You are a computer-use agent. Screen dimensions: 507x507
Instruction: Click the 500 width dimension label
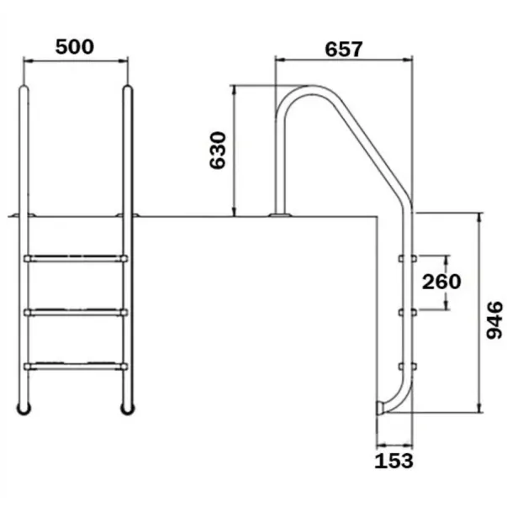(75, 46)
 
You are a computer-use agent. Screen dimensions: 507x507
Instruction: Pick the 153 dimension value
(393, 461)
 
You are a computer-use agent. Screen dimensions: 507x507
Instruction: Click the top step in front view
(76, 258)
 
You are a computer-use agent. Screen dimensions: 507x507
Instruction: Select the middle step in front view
(76, 312)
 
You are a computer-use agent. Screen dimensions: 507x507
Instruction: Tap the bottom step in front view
(76, 366)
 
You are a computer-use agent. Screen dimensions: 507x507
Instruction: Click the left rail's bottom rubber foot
(24, 409)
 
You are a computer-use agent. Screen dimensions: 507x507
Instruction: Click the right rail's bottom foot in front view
(128, 409)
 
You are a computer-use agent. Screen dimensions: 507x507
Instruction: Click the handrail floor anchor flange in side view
(279, 216)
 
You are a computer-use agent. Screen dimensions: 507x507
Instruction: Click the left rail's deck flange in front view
(24, 217)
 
